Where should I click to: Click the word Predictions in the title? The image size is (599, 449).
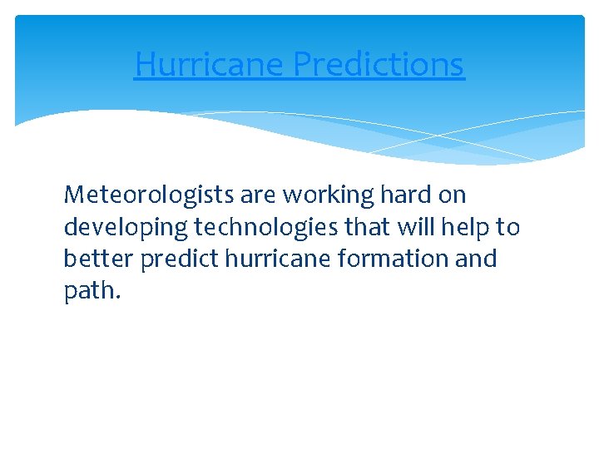tap(379, 64)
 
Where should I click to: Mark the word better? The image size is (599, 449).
tap(99, 259)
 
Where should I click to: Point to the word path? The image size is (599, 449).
tap(88, 292)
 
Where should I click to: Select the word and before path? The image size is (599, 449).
tap(478, 259)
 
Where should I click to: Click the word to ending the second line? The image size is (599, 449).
tap(508, 227)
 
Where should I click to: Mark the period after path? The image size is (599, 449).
tap(118, 298)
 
